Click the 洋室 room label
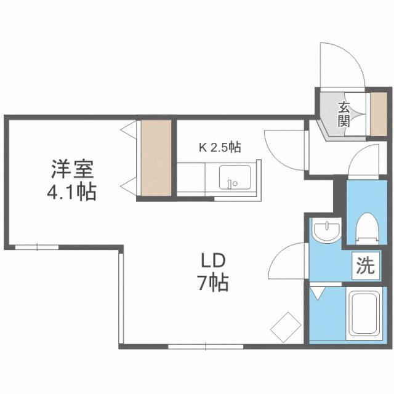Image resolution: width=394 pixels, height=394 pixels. point(71,167)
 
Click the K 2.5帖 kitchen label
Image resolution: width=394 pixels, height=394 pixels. point(219,148)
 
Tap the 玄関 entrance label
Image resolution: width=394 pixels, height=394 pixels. point(343,113)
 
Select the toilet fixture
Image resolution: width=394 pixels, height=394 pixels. point(368,227)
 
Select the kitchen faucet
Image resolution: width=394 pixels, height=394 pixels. point(231,183)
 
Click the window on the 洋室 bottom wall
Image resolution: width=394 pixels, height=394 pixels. point(37,247)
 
